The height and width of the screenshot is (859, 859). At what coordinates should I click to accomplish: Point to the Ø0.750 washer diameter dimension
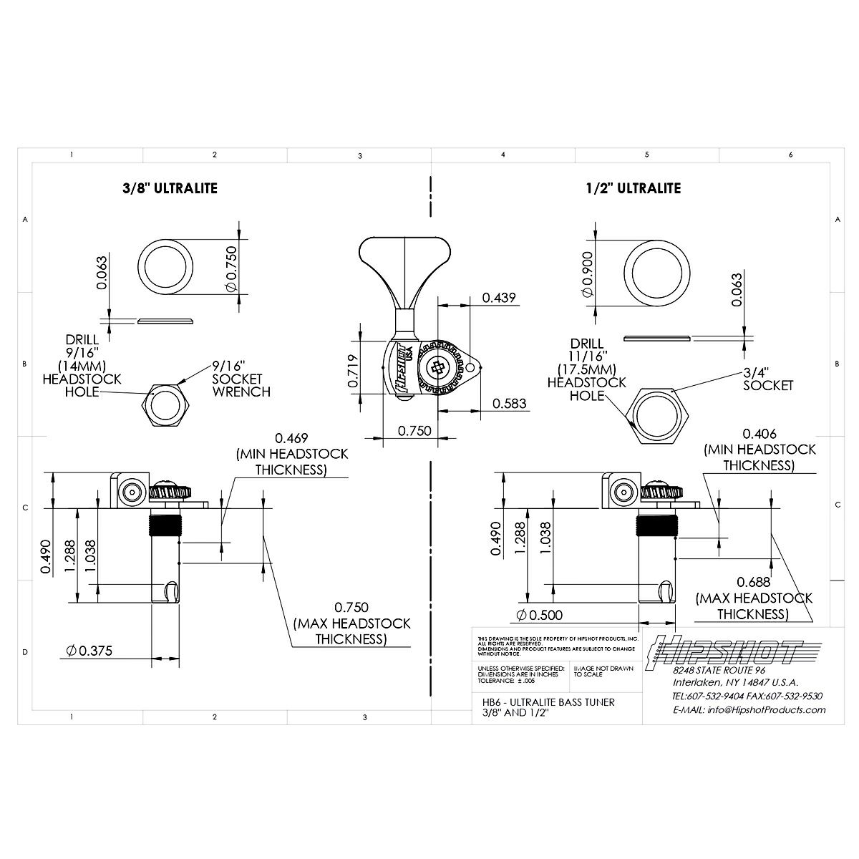(230, 266)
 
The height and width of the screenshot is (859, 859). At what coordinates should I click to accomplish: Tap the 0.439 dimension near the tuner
(498, 297)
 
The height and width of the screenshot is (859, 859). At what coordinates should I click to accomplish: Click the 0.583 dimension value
(509, 404)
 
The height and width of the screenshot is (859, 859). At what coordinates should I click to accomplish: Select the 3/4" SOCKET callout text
(767, 379)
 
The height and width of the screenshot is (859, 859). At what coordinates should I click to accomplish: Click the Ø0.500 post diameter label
(538, 614)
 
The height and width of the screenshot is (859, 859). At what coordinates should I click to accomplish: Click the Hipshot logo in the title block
(723, 651)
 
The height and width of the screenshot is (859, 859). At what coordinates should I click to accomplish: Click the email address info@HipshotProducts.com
(749, 710)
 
